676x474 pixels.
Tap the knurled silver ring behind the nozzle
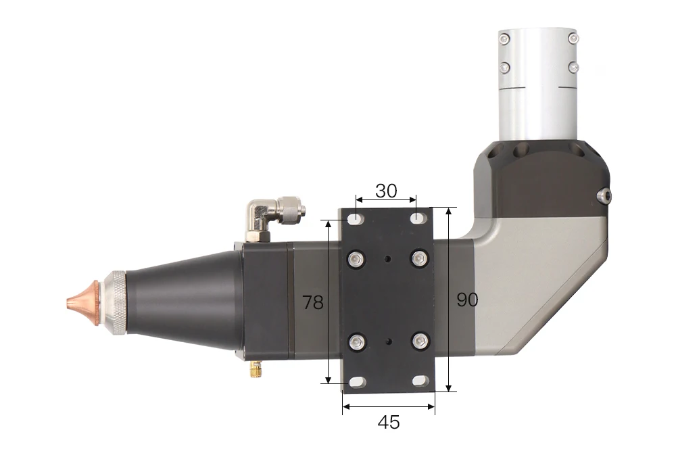115,302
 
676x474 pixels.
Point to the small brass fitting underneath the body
256,369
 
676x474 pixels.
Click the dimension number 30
386,191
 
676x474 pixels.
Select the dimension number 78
313,303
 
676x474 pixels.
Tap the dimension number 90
467,300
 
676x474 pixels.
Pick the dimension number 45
388,423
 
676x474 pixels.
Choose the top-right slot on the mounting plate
418,219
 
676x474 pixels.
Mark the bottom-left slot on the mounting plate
356,382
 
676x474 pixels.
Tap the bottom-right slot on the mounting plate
419,382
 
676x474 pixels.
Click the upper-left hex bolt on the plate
356,258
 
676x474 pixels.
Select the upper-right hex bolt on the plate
419,258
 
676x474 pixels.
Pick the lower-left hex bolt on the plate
356,342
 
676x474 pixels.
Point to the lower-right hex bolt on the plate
419,342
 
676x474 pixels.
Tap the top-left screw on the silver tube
504,38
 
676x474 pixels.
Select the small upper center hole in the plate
387,258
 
